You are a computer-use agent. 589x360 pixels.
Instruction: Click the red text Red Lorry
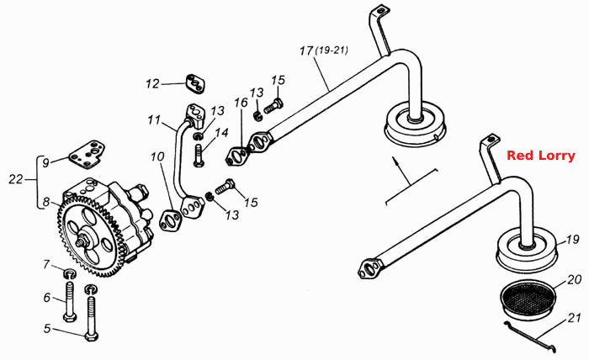tap(541, 156)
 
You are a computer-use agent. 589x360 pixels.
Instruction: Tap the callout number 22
tap(16, 179)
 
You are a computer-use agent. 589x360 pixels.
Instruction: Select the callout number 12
tap(153, 83)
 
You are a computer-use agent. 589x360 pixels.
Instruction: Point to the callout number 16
tap(241, 102)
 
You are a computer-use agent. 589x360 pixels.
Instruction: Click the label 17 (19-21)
tap(324, 50)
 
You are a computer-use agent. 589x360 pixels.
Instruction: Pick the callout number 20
tap(575, 279)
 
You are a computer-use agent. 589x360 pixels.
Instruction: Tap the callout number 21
tap(574, 318)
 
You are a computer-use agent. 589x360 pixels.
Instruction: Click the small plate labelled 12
tap(196, 84)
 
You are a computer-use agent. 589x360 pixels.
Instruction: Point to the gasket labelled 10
tap(171, 221)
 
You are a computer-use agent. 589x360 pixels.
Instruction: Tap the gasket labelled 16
tap(238, 156)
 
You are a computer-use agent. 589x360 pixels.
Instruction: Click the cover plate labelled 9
tap(88, 153)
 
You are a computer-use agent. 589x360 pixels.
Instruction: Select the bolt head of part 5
tap(91, 336)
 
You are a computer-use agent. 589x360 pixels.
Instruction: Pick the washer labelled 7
tap(70, 273)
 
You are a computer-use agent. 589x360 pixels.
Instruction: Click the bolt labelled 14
tap(199, 156)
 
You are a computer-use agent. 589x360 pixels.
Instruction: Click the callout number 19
tap(572, 239)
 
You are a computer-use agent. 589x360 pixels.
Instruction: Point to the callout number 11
tap(154, 119)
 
